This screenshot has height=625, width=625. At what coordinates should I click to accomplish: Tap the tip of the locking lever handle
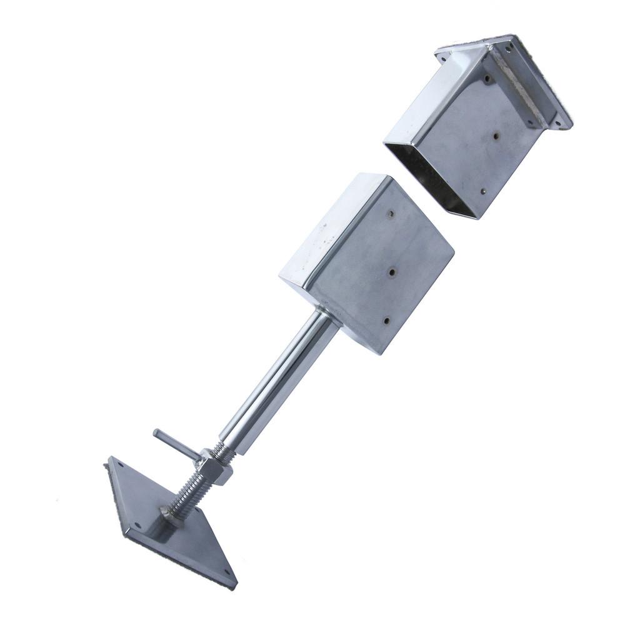tap(156, 433)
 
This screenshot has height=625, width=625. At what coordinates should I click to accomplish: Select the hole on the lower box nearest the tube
tap(386, 321)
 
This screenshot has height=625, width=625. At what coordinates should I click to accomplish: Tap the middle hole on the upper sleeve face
tap(496, 134)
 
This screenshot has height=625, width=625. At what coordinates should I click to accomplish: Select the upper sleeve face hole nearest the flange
tap(487, 79)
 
